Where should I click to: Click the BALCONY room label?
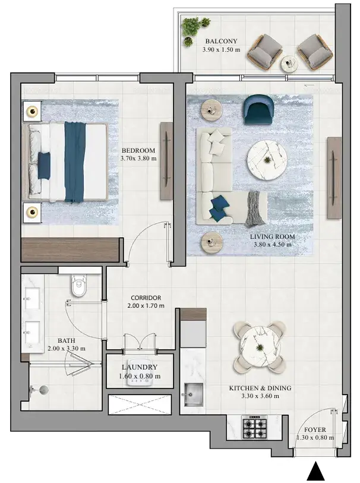click(x=221, y=41)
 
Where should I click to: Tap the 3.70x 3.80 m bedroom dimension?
click(x=138, y=159)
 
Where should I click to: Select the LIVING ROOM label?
click(x=272, y=236)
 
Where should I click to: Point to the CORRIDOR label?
click(x=146, y=298)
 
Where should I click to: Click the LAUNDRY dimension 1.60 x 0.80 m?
click(x=140, y=376)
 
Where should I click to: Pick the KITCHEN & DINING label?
click(x=260, y=388)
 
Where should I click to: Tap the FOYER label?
click(x=315, y=430)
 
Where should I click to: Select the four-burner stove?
click(x=254, y=427)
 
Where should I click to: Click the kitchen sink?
click(x=194, y=394)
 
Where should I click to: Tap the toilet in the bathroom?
click(x=79, y=286)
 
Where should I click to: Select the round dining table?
click(x=260, y=347)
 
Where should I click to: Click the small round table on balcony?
click(x=289, y=64)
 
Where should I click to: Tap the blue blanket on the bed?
click(x=75, y=162)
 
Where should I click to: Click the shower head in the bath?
click(x=43, y=390)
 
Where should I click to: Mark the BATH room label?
click(x=66, y=340)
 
